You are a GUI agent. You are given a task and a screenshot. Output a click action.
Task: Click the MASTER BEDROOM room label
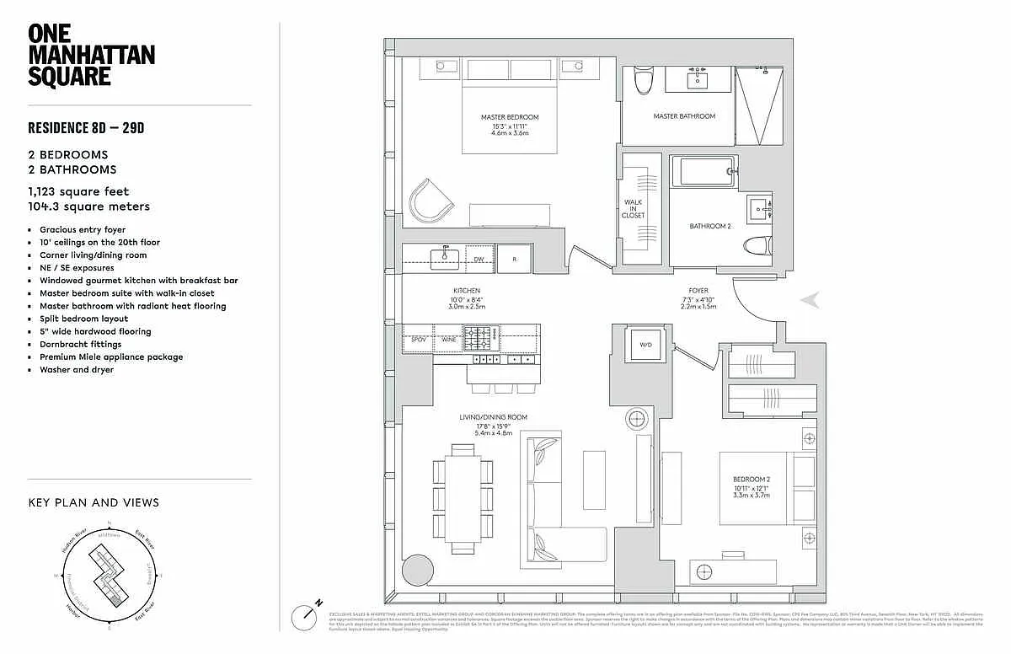[510, 117]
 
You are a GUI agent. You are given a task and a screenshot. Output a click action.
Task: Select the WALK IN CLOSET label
[634, 208]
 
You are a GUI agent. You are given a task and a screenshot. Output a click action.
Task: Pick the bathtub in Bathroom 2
[707, 171]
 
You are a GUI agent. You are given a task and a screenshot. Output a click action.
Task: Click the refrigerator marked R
[514, 259]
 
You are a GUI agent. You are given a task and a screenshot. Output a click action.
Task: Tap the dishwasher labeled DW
[479, 259]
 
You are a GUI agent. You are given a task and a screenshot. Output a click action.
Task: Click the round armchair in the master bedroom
[430, 201]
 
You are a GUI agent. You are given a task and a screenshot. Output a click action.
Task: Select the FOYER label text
[698, 291]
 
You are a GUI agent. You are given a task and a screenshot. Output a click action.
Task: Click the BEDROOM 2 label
[752, 480]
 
